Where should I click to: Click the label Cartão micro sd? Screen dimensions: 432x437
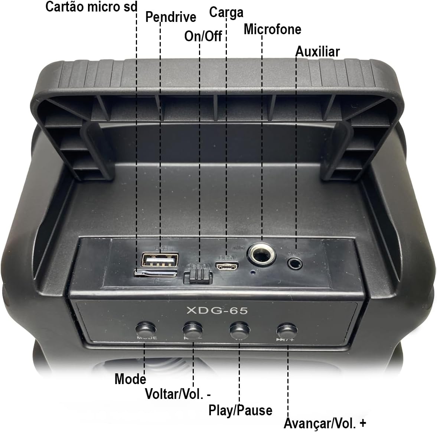(x=91, y=7)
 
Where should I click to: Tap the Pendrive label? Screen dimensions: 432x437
(x=170, y=17)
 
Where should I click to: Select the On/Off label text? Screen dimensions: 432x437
(x=203, y=36)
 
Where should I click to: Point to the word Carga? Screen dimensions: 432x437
(x=226, y=12)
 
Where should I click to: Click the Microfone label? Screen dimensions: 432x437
(x=272, y=29)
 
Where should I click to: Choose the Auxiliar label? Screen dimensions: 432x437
(x=317, y=52)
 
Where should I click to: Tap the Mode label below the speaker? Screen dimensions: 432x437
(x=130, y=379)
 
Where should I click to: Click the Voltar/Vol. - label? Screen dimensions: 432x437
(x=178, y=394)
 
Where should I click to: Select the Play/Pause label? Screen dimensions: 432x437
(x=240, y=410)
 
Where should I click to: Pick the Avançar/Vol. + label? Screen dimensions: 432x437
(x=325, y=423)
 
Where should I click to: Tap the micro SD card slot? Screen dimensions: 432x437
(x=156, y=274)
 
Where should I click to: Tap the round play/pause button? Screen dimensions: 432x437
(x=239, y=329)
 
